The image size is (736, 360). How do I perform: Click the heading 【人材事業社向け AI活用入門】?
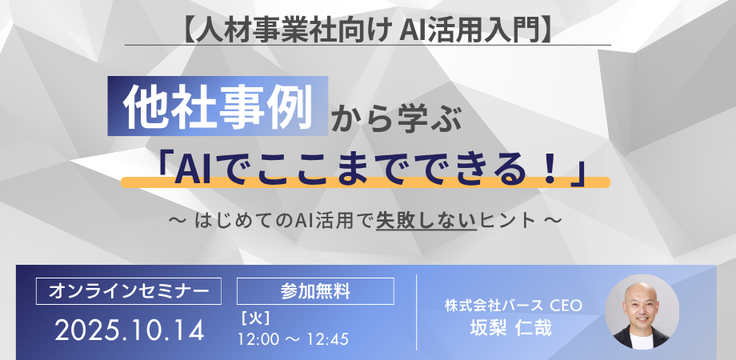[x=368, y=30]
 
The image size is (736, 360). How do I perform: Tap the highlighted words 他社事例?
[x=218, y=105]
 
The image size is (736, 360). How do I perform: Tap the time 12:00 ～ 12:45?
[x=293, y=338]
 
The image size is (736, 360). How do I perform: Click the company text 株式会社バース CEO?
[x=513, y=305]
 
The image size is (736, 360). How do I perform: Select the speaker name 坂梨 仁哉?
[x=513, y=328]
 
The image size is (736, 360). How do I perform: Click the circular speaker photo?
[x=642, y=312]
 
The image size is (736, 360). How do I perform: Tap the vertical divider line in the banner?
[x=416, y=311]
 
